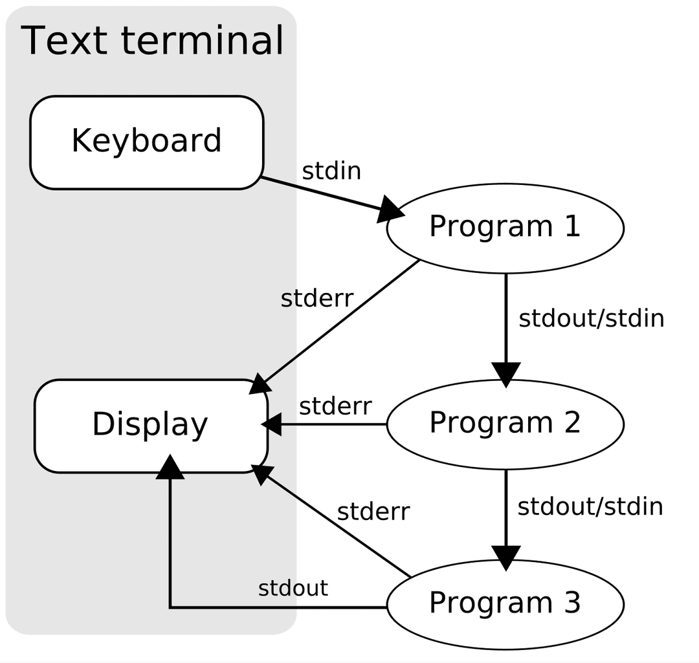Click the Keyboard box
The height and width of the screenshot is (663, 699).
tap(146, 142)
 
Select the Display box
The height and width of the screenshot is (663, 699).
tap(150, 425)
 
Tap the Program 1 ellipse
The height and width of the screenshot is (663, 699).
tap(505, 227)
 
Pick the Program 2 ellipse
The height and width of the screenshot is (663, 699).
tap(505, 424)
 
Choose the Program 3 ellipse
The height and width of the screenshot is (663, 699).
tap(505, 603)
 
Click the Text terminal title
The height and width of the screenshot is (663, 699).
tap(153, 40)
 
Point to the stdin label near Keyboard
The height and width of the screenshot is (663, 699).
tap(331, 171)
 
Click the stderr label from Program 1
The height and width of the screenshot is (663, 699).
tap(317, 299)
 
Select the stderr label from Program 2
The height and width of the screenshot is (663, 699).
tap(335, 406)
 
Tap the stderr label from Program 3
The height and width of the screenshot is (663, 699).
tap(373, 512)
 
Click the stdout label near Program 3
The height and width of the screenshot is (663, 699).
tap(293, 589)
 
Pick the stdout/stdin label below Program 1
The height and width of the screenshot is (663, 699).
tap(592, 319)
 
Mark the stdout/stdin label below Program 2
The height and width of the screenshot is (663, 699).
tap(590, 506)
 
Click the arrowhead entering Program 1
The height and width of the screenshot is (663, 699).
tap(390, 210)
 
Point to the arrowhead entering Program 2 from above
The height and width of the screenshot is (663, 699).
tap(506, 375)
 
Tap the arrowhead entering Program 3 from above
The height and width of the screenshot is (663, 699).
tap(506, 557)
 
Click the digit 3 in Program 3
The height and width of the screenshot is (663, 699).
tap(571, 603)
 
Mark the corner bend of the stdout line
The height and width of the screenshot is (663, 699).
tap(170, 607)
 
